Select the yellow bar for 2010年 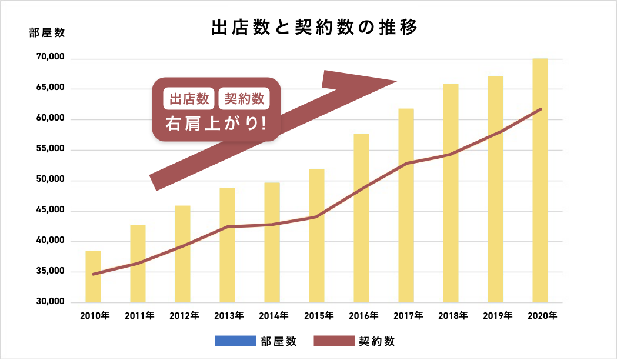(93, 276)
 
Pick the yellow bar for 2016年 (361, 218)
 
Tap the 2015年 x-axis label (318, 316)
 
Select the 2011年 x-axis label (139, 316)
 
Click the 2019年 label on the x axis (497, 316)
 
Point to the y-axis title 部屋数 (46, 33)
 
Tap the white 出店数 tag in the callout (189, 99)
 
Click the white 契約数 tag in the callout (244, 99)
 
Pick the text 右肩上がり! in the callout (216, 124)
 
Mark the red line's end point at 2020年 (541, 109)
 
